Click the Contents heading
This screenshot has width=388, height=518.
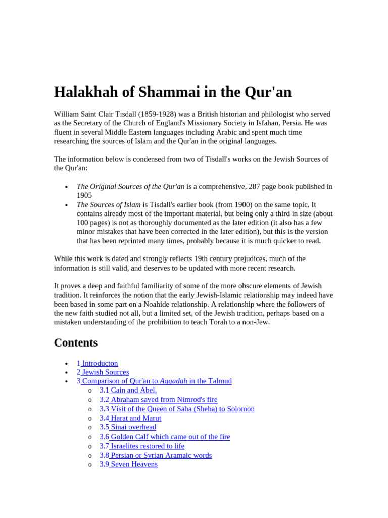[x=76, y=342]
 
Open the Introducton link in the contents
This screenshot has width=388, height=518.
[x=100, y=363]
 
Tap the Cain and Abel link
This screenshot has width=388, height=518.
[x=133, y=390]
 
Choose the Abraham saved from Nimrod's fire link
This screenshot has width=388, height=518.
[x=164, y=400]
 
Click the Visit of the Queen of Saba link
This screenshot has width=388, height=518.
[x=182, y=409]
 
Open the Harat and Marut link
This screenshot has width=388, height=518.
[x=135, y=418]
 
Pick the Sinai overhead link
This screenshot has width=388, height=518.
[x=133, y=427]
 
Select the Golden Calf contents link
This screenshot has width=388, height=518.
[x=170, y=437]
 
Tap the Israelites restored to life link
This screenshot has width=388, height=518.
[x=147, y=446]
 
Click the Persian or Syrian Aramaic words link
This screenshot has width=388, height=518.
[x=161, y=455]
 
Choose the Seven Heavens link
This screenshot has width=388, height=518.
[x=134, y=464]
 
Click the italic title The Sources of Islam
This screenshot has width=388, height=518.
[x=109, y=205]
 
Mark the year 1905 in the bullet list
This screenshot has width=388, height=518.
[x=84, y=195]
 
